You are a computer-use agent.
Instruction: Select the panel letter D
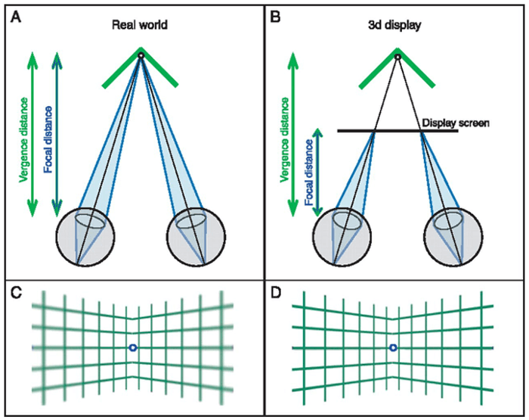(x=277, y=292)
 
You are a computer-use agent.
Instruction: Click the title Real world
(x=141, y=26)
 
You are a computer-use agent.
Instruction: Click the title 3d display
(x=397, y=26)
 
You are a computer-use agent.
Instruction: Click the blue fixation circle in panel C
(x=132, y=347)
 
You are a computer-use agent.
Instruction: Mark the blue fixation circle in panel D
(x=392, y=347)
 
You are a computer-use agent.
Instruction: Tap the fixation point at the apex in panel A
(x=141, y=54)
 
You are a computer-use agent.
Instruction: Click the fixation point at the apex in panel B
(x=398, y=55)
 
